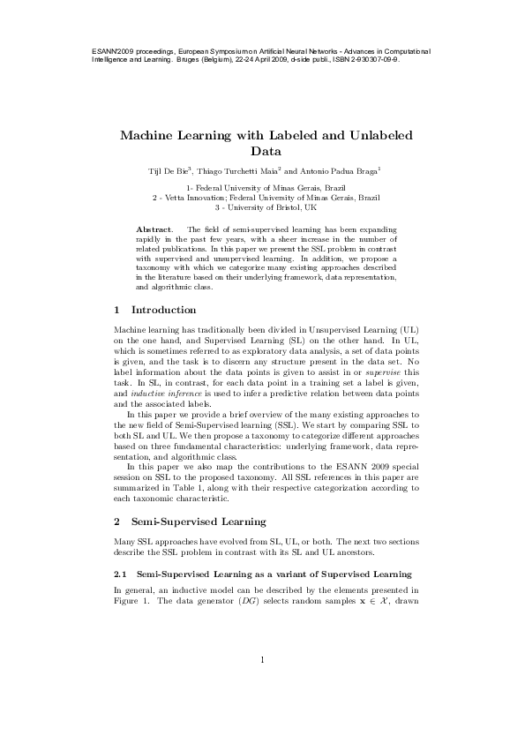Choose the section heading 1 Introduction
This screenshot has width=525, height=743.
(155, 310)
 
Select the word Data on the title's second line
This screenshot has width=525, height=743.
(262, 152)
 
